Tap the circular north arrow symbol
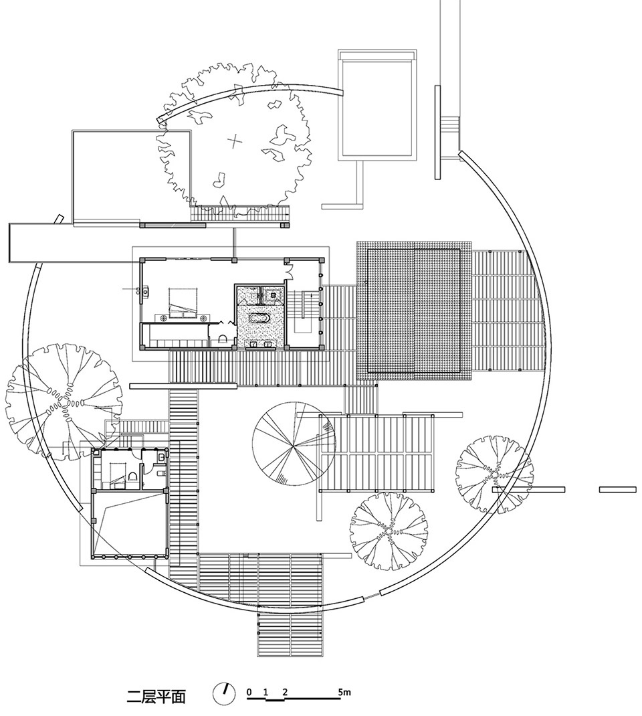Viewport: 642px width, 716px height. point(223,694)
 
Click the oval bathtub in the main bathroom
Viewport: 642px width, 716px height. point(259,319)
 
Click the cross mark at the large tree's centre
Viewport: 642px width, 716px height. point(235,141)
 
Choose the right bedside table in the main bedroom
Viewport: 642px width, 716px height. point(204,315)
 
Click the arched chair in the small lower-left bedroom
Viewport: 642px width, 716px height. point(133,476)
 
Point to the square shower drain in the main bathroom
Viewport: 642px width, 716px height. point(274,295)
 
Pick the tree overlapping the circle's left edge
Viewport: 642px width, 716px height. point(64,402)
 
